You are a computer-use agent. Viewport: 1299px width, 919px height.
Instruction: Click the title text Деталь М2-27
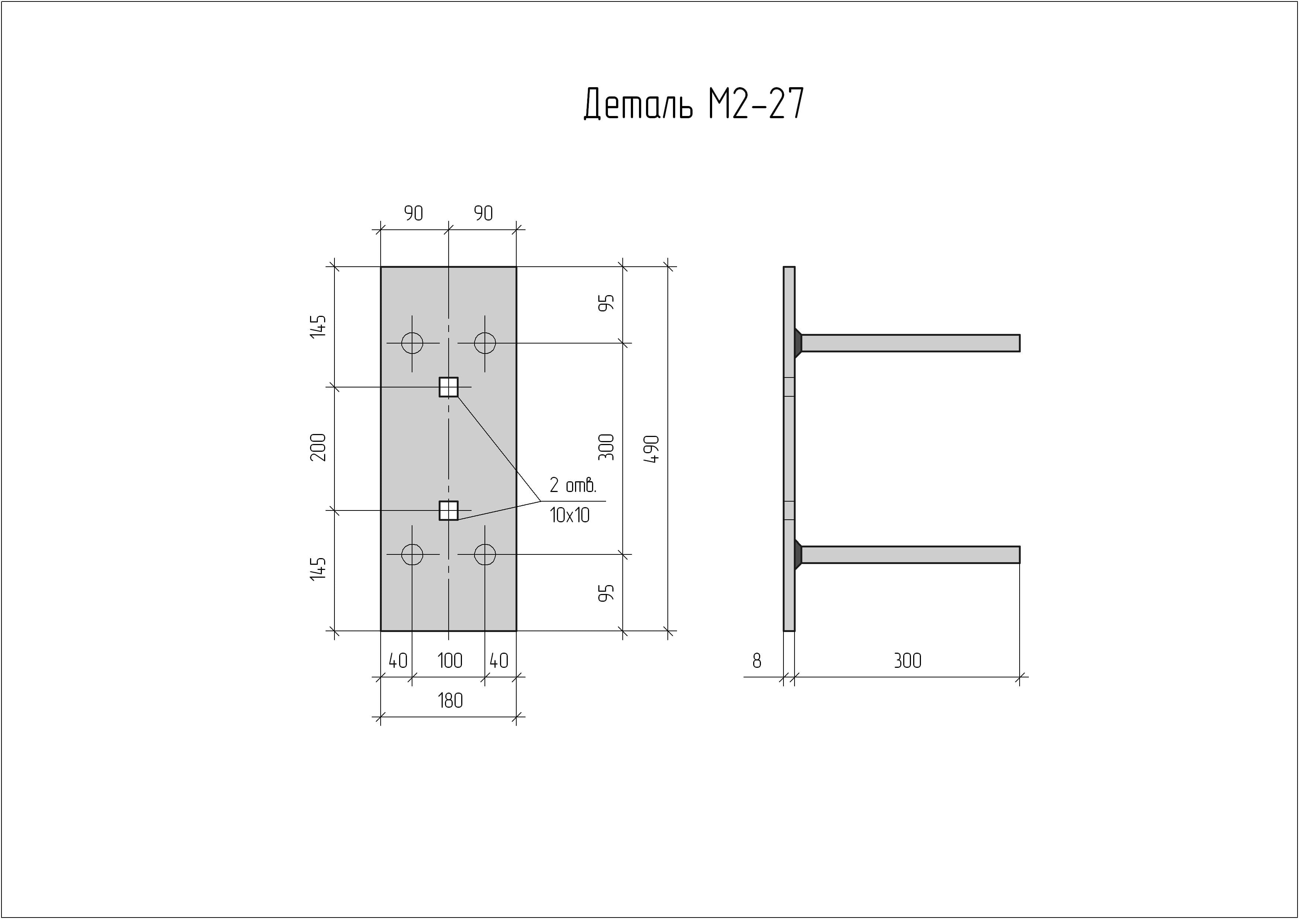(x=693, y=105)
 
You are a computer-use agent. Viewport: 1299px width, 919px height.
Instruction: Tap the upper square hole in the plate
(x=448, y=387)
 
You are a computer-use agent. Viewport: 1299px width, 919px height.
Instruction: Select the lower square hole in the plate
(x=448, y=510)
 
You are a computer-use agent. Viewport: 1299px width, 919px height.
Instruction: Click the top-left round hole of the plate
(x=412, y=343)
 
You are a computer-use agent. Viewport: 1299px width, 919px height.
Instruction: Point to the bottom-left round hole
(x=412, y=554)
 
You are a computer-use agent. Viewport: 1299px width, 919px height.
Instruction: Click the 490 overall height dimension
(x=653, y=449)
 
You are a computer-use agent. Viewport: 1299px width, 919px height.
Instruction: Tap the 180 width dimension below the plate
(x=450, y=701)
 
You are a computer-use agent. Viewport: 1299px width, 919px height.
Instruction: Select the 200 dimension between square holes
(x=319, y=447)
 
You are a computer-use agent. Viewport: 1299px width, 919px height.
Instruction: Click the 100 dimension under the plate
(x=450, y=660)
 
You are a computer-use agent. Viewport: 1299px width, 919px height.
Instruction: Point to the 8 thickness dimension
(x=757, y=660)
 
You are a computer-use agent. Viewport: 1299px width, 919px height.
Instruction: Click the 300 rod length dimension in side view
(x=907, y=660)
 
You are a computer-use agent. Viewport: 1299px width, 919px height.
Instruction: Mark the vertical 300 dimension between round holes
(x=606, y=447)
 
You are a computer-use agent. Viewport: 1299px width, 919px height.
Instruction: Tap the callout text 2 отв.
(x=573, y=485)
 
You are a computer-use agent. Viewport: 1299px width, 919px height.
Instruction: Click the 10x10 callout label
(x=569, y=515)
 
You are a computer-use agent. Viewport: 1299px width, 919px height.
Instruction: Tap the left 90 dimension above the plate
(x=413, y=213)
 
